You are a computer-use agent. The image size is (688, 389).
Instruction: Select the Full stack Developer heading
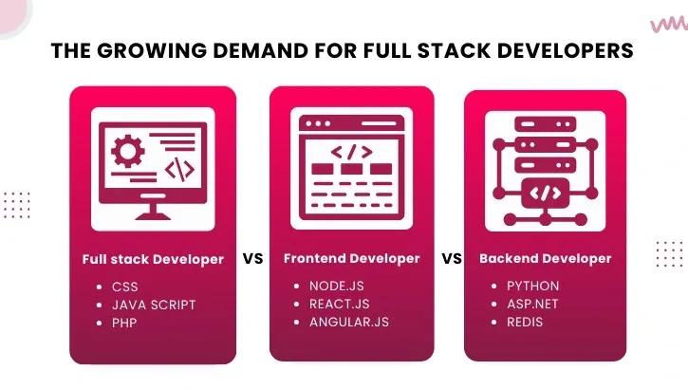click(153, 258)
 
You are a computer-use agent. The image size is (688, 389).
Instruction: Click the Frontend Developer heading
click(351, 258)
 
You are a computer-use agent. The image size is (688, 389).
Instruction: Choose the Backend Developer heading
click(545, 258)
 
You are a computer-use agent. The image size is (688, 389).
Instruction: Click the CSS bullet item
click(125, 286)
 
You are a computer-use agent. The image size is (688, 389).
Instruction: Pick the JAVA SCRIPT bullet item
click(154, 305)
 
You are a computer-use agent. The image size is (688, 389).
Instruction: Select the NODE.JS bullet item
click(336, 286)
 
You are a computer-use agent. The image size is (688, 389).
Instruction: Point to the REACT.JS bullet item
click(338, 304)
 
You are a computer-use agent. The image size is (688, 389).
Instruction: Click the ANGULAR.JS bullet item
click(348, 322)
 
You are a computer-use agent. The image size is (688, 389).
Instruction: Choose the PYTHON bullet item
click(532, 286)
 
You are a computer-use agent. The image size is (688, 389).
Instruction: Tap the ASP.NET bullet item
click(532, 304)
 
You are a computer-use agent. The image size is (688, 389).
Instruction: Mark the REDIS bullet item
click(525, 322)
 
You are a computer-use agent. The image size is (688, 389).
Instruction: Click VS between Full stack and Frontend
click(252, 258)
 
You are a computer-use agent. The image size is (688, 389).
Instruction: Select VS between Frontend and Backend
click(451, 258)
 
